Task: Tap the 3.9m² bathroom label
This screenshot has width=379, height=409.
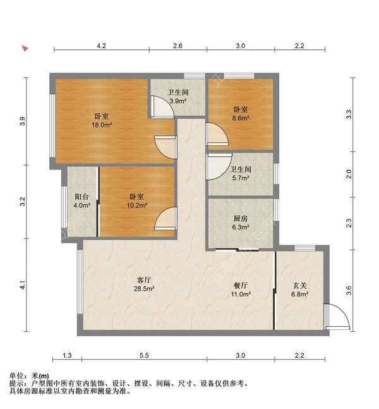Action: (x=177, y=96)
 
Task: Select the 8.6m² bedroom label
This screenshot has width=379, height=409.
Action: (x=239, y=113)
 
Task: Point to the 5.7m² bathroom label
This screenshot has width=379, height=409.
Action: (x=240, y=174)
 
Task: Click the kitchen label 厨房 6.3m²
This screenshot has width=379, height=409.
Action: (x=240, y=222)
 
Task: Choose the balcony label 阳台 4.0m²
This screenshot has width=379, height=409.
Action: (x=82, y=200)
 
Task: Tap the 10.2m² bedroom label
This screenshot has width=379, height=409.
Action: (x=138, y=200)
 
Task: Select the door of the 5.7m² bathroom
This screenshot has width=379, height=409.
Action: (x=218, y=166)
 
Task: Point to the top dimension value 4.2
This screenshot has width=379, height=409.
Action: (x=101, y=46)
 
